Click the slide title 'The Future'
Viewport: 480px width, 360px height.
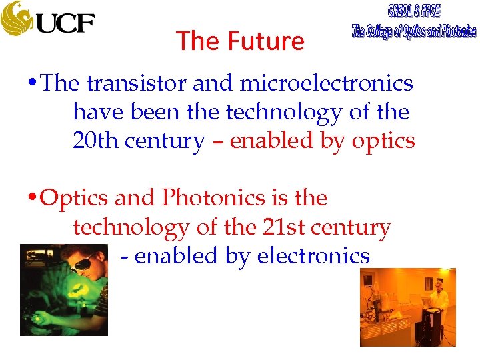point(240,41)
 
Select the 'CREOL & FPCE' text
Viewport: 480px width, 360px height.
point(413,11)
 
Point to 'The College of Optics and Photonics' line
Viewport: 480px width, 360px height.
point(413,31)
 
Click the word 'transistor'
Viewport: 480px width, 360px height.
point(137,84)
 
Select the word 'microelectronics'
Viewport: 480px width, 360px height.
point(326,84)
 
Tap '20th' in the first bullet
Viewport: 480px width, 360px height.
point(93,141)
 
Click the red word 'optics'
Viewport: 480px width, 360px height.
point(383,141)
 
